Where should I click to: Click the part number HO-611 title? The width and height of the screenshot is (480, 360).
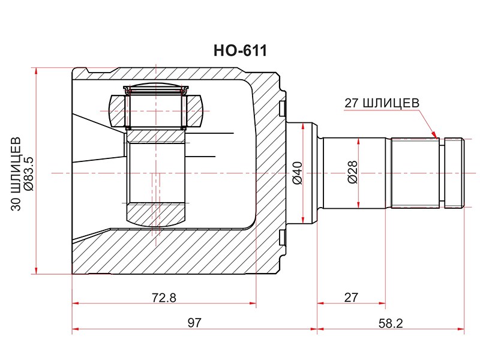241,50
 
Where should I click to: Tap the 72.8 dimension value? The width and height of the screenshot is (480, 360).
164,297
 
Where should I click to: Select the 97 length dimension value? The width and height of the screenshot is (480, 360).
194,323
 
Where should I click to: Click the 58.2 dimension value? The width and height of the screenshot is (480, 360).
391,323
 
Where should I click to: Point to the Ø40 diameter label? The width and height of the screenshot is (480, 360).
297,173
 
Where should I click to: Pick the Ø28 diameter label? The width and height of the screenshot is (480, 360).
352,172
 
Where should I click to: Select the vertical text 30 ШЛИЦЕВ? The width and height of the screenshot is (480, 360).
16,174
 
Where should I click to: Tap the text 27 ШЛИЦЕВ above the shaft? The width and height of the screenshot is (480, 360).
382,103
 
